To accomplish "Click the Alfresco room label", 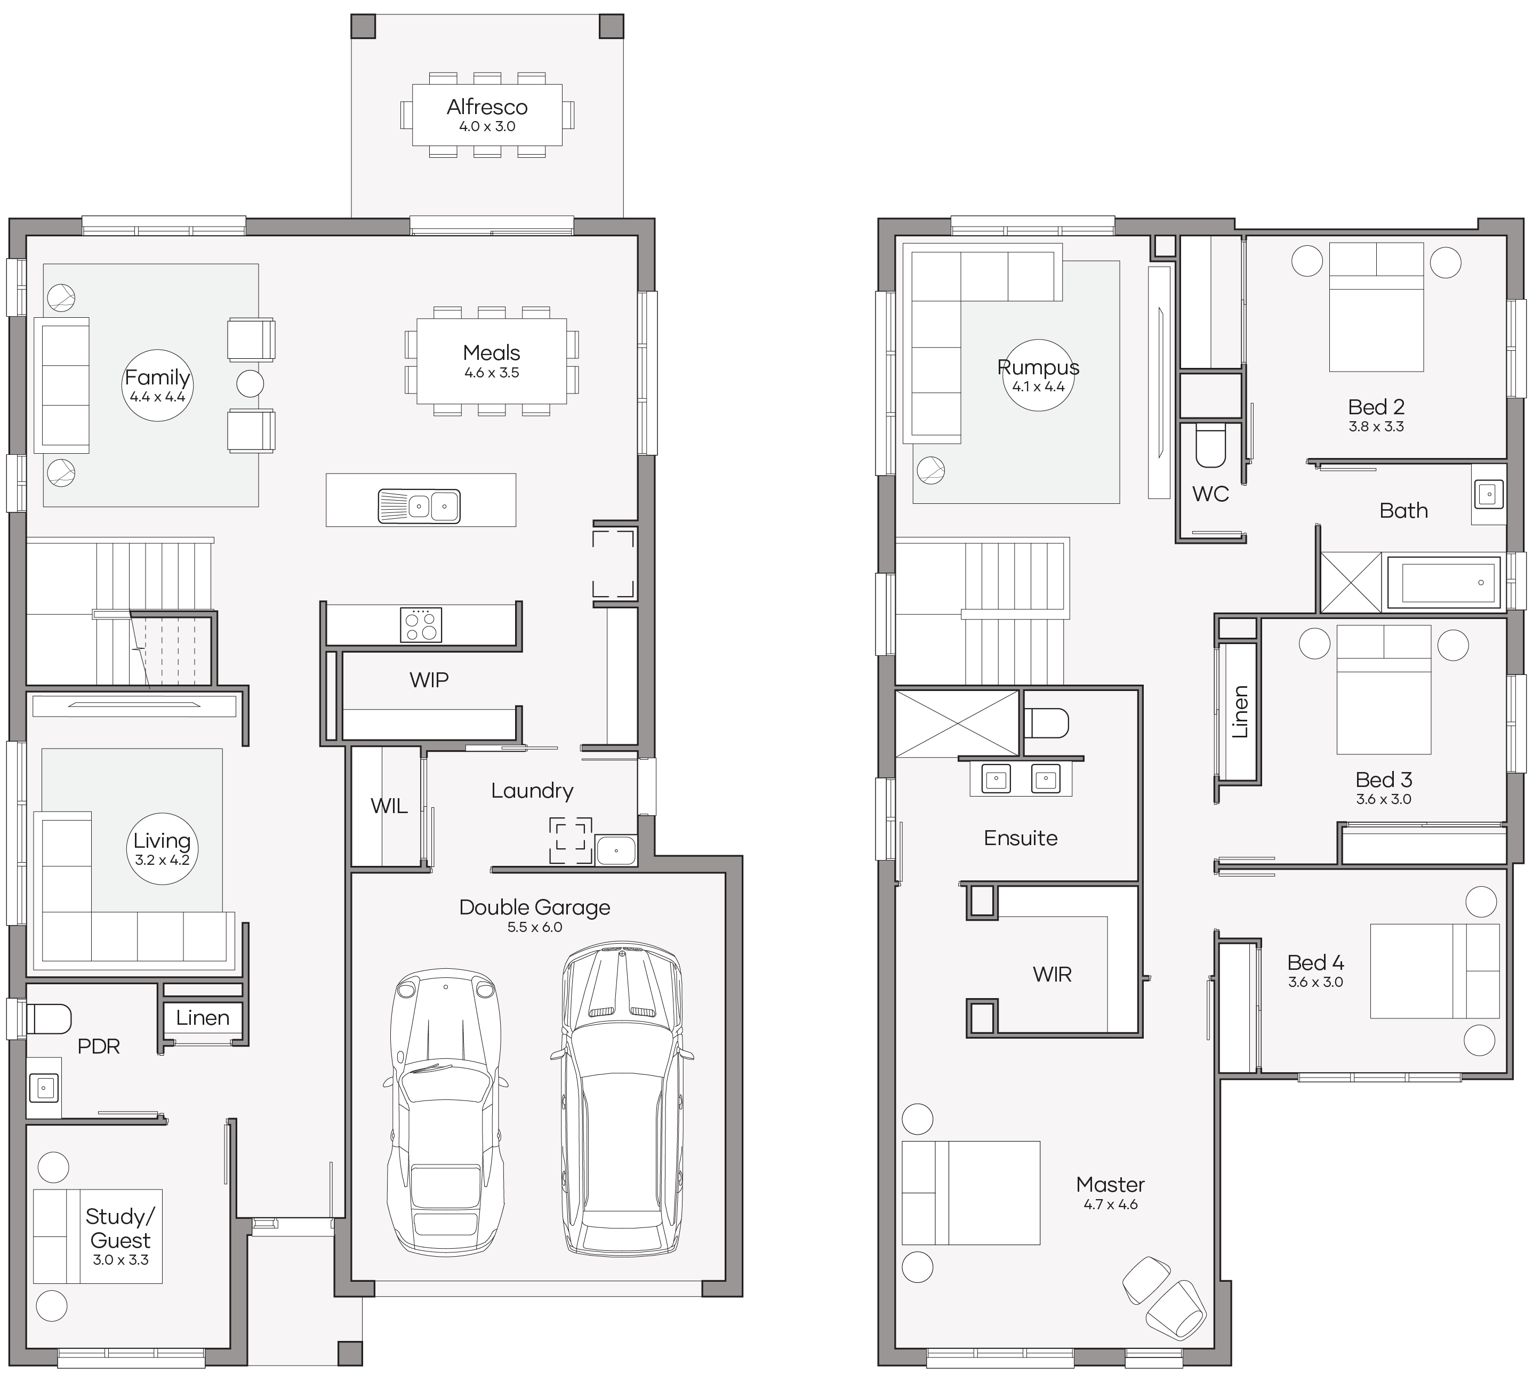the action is point(487,107).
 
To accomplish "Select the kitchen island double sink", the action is point(419,507).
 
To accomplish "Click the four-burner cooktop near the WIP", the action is point(421,625).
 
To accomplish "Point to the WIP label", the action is point(429,680).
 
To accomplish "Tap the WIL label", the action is point(389,806).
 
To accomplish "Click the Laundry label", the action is point(532,791).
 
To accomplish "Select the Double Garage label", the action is point(534,907).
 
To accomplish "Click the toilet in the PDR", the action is point(49,1019).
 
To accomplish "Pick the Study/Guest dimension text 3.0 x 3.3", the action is point(121,1260).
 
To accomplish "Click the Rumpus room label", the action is point(1038,367).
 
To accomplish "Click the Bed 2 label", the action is point(1376,407).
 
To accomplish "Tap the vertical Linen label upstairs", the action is point(1240,711).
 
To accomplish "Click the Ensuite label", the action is point(1021,838).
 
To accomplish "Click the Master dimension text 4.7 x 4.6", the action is point(1110,1205).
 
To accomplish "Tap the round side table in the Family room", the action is point(250,383).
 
